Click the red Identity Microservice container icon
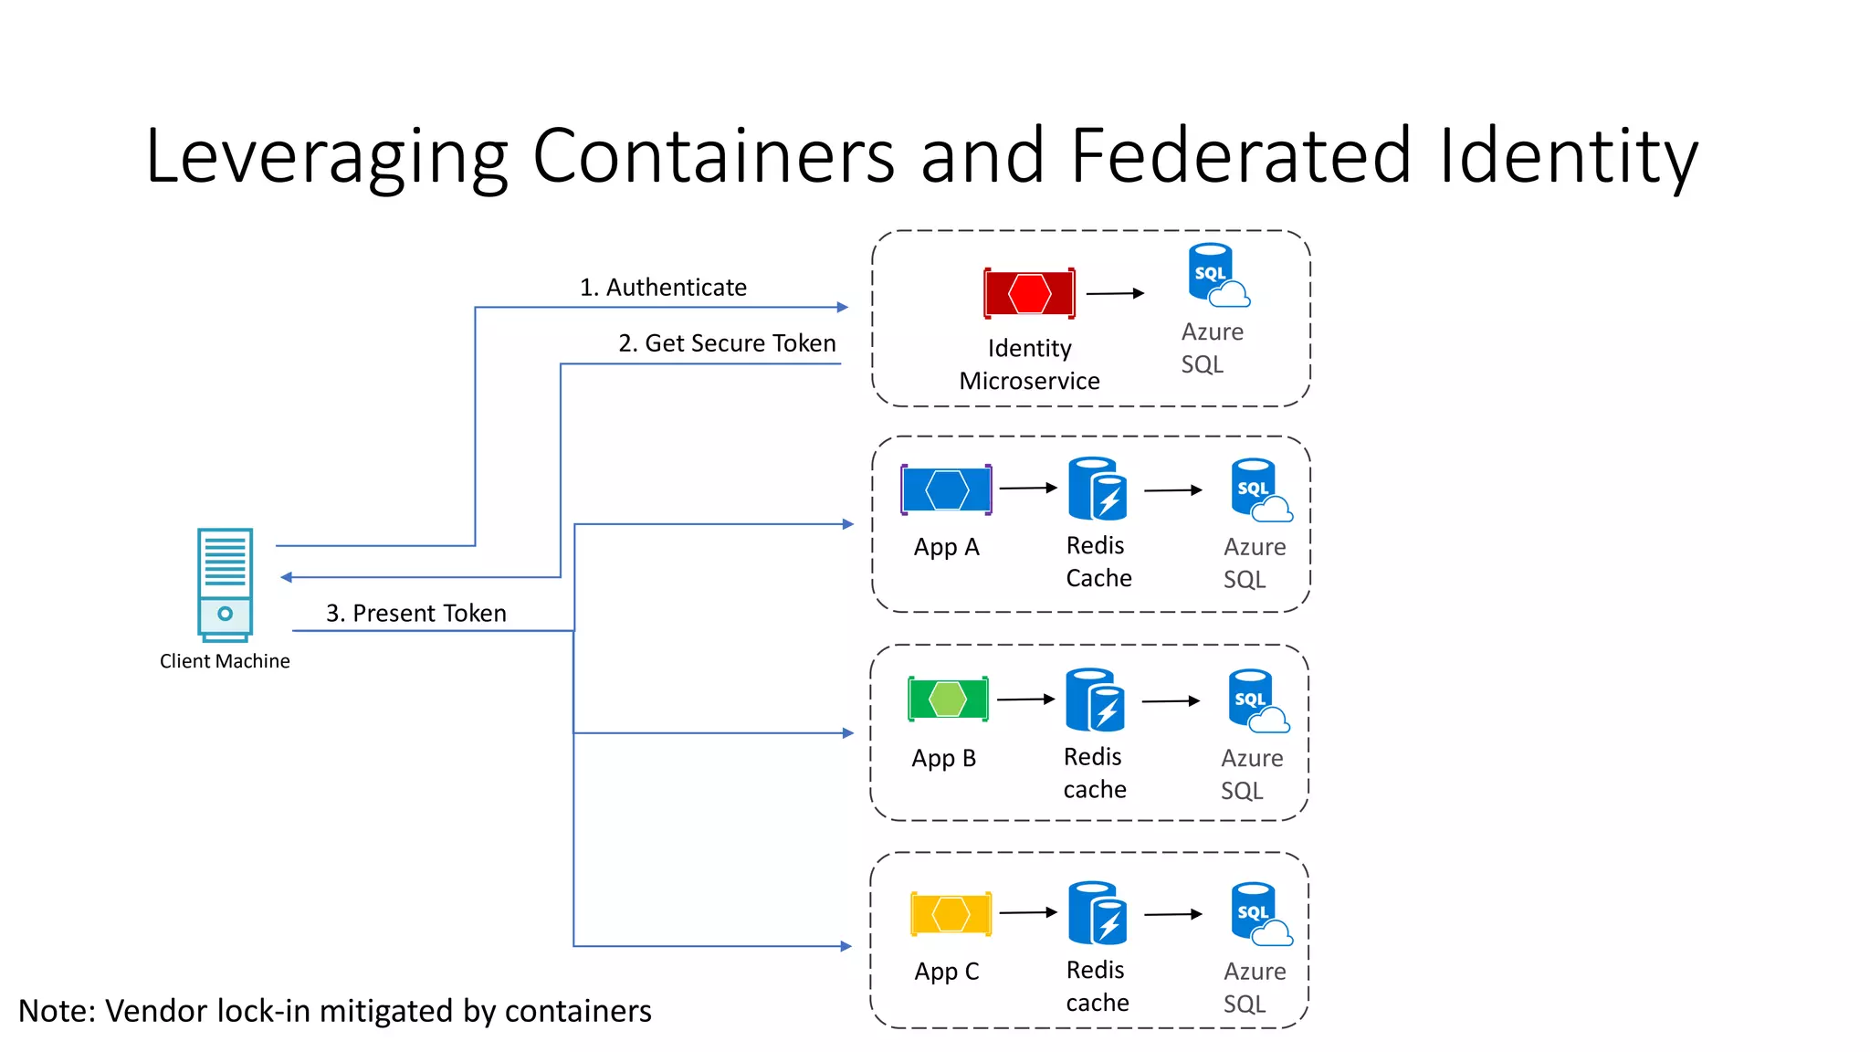pyautogui.click(x=1029, y=293)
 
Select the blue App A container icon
pyautogui.click(x=946, y=489)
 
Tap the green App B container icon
pyautogui.click(x=948, y=700)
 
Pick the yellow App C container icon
pyautogui.click(x=951, y=913)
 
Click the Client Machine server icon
pyautogui.click(x=225, y=584)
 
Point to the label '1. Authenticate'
pyautogui.click(x=663, y=288)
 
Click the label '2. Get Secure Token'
pyautogui.click(x=727, y=343)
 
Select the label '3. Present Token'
pyautogui.click(x=416, y=613)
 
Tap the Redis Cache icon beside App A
pyautogui.click(x=1098, y=489)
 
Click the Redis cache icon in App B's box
pyautogui.click(x=1095, y=700)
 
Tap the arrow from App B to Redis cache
pyautogui.click(x=1025, y=700)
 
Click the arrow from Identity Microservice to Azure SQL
pyautogui.click(x=1114, y=293)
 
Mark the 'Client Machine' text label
pyautogui.click(x=225, y=661)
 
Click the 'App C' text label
pyautogui.click(x=947, y=972)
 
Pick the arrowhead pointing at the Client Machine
pyautogui.click(x=286, y=577)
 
